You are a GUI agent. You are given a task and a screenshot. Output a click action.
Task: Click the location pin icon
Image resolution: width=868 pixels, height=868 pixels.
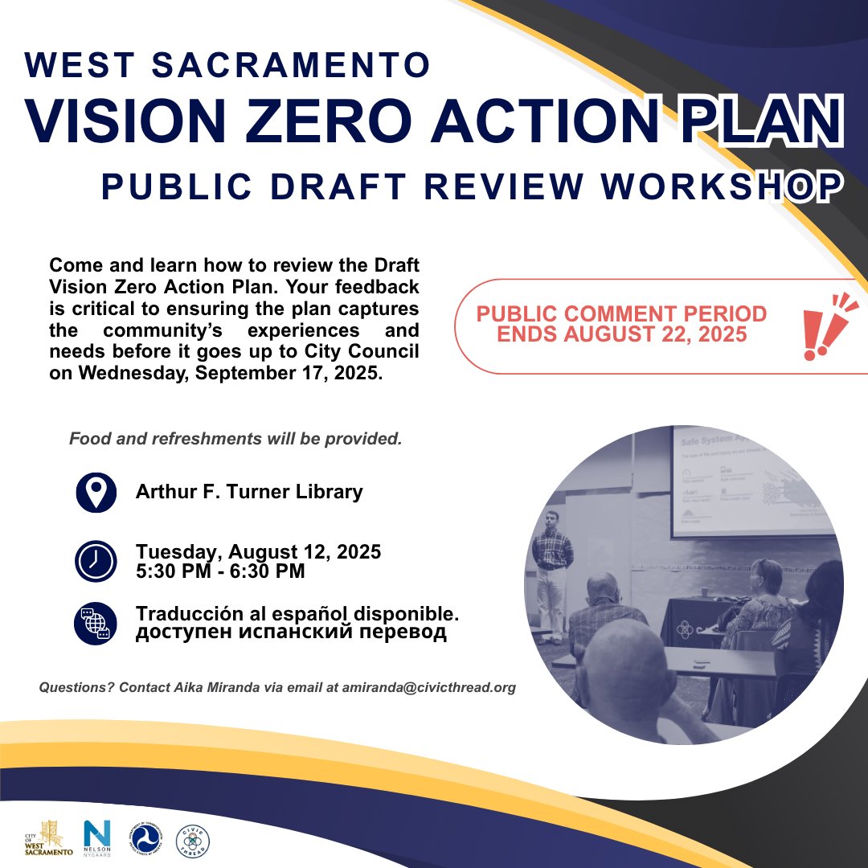coord(96,493)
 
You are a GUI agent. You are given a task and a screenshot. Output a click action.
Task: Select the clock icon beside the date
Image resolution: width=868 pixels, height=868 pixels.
coord(96,562)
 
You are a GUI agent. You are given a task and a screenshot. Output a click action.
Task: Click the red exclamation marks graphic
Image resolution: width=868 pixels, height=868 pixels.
coord(828,325)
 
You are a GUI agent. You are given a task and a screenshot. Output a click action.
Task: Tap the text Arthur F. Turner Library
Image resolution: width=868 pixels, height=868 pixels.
coord(249,491)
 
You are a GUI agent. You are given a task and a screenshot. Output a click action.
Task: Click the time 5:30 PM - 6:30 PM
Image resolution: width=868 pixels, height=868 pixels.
coord(220,571)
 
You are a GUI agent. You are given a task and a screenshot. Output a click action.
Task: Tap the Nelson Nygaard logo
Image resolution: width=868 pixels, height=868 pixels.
coord(97,839)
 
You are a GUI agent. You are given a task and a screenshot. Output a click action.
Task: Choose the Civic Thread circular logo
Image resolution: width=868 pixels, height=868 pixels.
coord(193,840)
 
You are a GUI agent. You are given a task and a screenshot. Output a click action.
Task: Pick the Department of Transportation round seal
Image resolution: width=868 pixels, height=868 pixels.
coord(145,840)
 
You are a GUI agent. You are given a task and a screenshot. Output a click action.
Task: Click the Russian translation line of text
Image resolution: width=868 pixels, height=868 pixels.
coord(291,633)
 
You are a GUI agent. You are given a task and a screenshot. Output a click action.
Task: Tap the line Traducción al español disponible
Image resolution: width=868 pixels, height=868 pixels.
coord(297,612)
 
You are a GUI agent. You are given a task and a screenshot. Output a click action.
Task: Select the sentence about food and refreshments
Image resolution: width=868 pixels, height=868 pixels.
coord(235,440)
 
